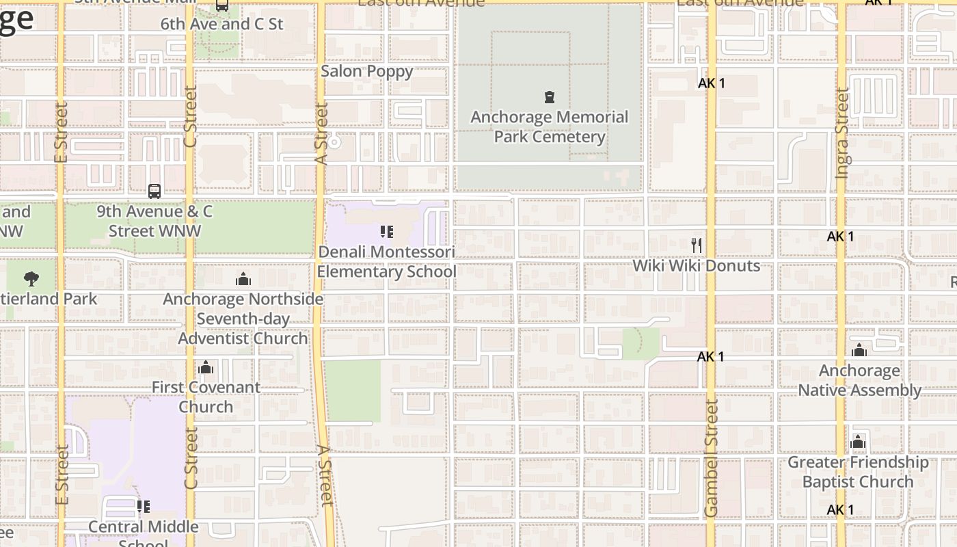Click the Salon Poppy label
(x=367, y=71)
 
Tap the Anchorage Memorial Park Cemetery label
(x=550, y=126)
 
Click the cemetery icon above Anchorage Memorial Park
(x=549, y=97)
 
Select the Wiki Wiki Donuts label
(x=696, y=265)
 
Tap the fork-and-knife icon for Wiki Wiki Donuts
(x=697, y=245)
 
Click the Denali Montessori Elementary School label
(x=386, y=261)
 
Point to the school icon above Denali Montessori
(x=386, y=232)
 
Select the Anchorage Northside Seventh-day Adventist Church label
(x=243, y=319)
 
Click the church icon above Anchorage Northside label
(x=243, y=279)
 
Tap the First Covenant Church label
(x=206, y=397)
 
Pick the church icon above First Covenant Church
(x=206, y=368)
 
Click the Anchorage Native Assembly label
(x=860, y=380)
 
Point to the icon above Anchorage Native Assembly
(x=859, y=351)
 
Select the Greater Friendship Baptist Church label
(x=858, y=472)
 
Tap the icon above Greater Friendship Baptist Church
(x=858, y=442)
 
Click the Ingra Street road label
(x=842, y=133)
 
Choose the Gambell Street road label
(x=712, y=458)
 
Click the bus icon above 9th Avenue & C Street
(x=154, y=191)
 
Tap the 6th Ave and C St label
(x=221, y=24)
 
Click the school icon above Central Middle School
(x=144, y=507)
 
